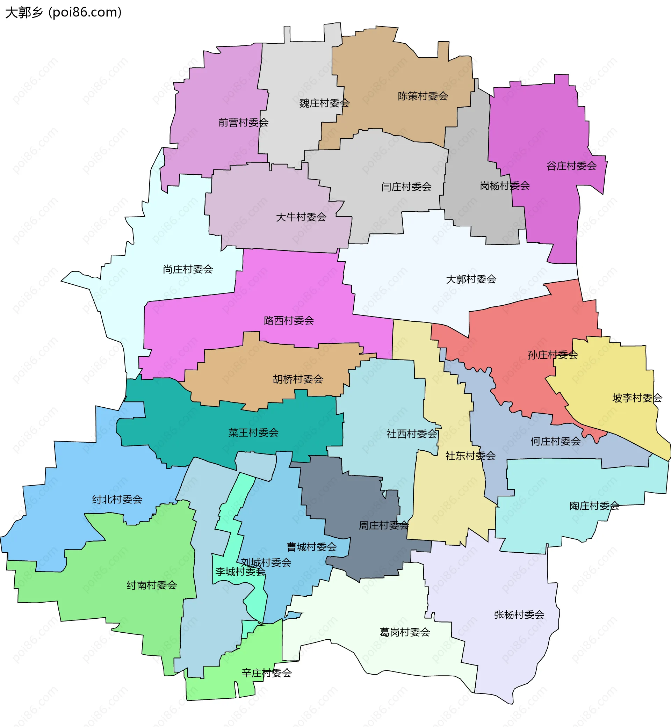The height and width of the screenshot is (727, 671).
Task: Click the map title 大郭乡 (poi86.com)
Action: [63, 12]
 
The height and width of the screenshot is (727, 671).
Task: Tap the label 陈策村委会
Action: [423, 96]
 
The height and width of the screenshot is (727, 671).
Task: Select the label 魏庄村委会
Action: [324, 103]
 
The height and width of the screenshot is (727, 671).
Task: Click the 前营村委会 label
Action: [243, 123]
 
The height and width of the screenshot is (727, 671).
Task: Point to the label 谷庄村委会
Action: [571, 166]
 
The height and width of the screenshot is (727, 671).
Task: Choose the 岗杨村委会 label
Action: [505, 186]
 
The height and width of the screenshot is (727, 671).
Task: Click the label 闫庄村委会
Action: [406, 187]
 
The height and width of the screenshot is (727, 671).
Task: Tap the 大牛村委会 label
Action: [301, 217]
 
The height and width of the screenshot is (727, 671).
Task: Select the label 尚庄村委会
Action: [188, 269]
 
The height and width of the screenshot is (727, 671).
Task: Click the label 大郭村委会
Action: [471, 279]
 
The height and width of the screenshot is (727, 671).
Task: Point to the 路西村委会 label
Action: [289, 320]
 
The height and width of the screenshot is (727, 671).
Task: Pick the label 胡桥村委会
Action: [298, 379]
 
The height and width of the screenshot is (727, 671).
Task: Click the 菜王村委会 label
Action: [253, 432]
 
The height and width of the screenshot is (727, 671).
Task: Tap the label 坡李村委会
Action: [637, 398]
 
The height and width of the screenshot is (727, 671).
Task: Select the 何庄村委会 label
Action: [555, 441]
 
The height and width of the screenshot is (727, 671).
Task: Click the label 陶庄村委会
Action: [594, 506]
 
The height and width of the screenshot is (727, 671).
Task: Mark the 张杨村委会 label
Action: [519, 615]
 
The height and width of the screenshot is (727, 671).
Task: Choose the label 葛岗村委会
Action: [404, 632]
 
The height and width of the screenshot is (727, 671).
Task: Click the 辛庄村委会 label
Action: [267, 673]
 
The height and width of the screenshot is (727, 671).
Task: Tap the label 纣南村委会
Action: [151, 585]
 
